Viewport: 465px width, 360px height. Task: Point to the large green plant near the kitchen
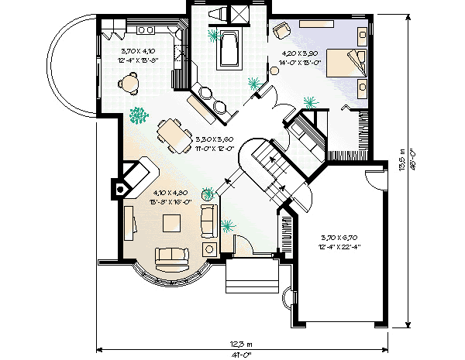(x=139, y=116)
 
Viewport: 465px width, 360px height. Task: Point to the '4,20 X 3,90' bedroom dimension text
(x=298, y=54)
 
